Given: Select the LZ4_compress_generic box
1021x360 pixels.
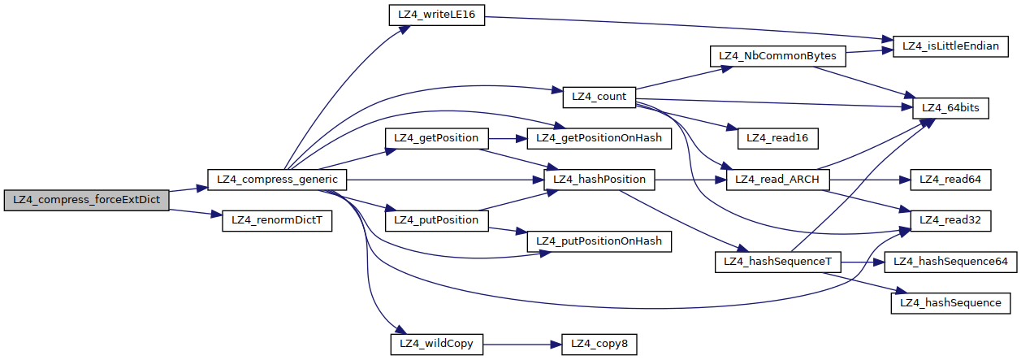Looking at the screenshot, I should tap(278, 178).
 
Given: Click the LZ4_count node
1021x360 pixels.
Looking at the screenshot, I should tap(599, 97).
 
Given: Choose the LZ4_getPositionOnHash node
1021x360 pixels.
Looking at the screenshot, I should tap(599, 137).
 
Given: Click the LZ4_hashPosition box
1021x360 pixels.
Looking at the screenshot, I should tap(599, 179).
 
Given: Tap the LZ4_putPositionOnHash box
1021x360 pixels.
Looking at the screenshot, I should tap(599, 241).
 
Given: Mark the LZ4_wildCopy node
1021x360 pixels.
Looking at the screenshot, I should tap(437, 344).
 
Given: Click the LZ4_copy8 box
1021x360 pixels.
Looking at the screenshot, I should tap(599, 344).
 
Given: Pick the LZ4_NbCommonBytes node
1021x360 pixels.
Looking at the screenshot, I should tap(778, 57).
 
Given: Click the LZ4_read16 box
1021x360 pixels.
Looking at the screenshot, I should tap(777, 137).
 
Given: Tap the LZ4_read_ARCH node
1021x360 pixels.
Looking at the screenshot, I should tap(777, 179).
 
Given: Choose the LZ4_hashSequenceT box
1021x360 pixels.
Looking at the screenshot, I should tap(777, 262).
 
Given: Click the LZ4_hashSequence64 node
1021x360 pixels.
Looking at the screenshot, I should tap(951, 262).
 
